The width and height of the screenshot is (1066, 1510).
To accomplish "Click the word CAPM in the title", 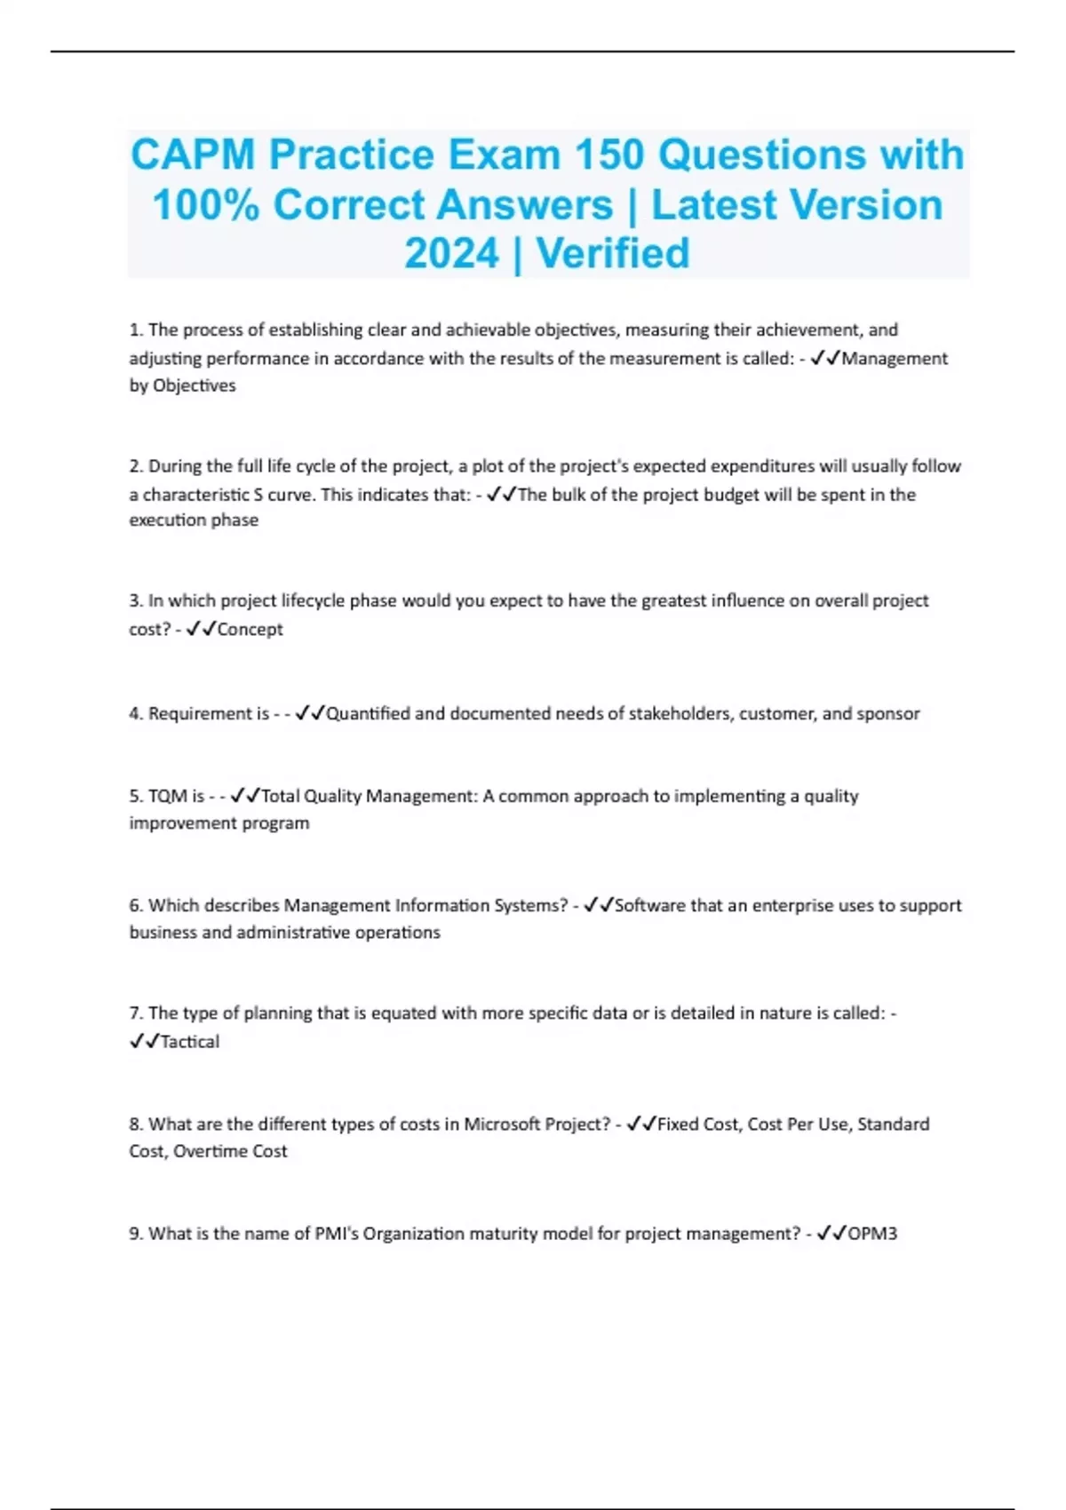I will (193, 155).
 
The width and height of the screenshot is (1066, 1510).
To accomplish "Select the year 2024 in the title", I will (452, 253).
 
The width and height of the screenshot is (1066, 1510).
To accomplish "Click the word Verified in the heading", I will (613, 253).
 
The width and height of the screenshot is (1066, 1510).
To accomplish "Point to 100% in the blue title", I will (205, 204).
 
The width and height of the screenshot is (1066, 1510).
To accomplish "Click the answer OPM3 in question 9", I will (872, 1234).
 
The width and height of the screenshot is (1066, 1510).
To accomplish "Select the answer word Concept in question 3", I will (250, 629).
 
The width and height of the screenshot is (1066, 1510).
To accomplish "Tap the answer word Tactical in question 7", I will (189, 1042).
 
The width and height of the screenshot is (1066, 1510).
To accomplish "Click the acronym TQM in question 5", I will (168, 796).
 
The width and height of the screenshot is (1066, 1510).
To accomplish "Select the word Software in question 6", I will (650, 905).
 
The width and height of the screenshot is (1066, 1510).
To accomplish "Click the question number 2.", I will (135, 466).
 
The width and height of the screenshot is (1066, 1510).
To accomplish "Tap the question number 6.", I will (135, 905).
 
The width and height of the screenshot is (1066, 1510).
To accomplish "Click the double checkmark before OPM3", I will (831, 1233).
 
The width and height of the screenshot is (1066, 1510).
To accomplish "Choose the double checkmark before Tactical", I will (144, 1041).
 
